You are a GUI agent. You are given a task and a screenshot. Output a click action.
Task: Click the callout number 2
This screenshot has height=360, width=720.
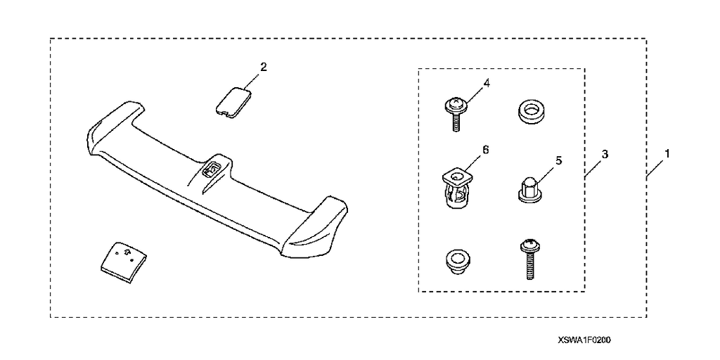(263, 67)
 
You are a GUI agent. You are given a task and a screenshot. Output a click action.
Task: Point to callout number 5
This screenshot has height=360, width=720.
(559, 160)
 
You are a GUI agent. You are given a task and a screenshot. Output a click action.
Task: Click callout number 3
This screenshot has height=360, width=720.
(605, 154)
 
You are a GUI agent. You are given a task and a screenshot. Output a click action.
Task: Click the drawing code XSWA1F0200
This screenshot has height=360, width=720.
(584, 340)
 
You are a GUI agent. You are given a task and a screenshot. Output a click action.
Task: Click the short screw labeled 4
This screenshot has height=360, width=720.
(455, 115)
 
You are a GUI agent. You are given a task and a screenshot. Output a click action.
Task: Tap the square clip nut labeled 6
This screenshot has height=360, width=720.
(456, 188)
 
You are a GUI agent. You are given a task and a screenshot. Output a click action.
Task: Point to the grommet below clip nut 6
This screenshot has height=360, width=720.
(455, 260)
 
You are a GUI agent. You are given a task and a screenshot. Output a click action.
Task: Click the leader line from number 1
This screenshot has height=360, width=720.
(654, 169)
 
